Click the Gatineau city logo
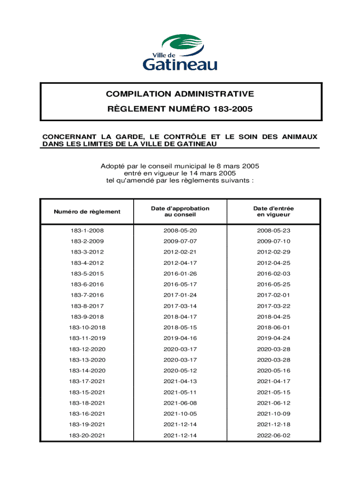[180, 52]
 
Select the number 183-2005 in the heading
[232, 110]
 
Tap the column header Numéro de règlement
[87, 211]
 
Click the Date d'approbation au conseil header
[180, 211]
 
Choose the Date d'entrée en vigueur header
[274, 211]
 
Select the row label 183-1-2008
[87, 231]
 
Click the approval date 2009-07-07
[180, 241]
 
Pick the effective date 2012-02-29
[274, 252]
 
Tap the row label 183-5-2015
[87, 274]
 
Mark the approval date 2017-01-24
[180, 295]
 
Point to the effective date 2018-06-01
[274, 327]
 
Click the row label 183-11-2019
[87, 338]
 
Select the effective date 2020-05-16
[274, 370]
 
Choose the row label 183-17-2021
[87, 381]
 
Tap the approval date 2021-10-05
[180, 414]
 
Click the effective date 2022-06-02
[274, 435]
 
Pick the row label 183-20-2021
[87, 435]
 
